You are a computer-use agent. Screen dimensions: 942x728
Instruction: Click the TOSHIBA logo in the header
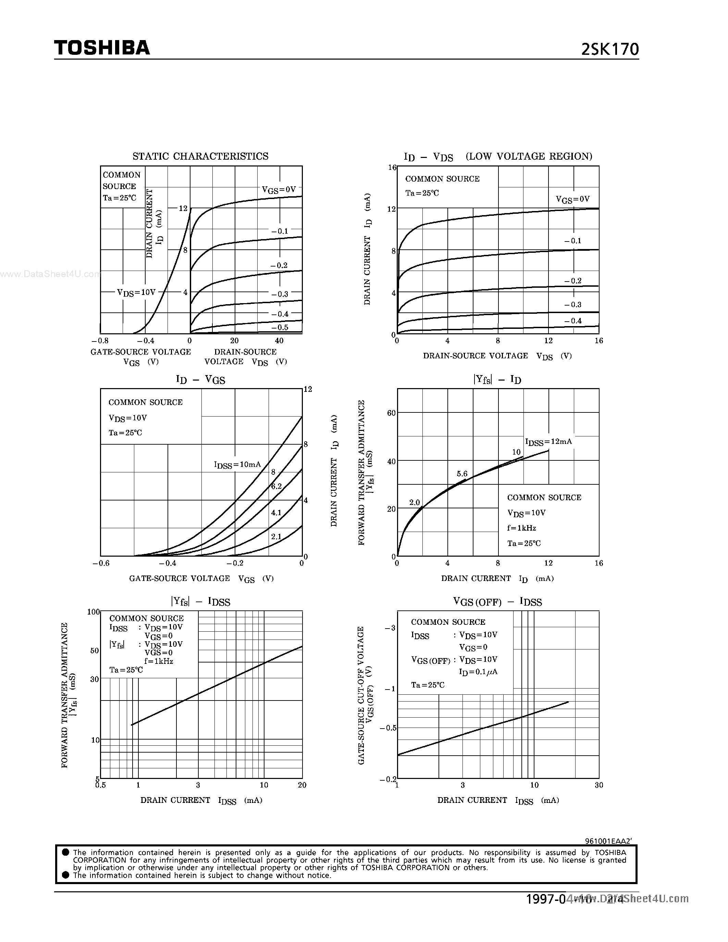pyautogui.click(x=102, y=48)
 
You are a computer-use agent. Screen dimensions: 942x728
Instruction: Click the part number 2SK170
pyautogui.click(x=610, y=50)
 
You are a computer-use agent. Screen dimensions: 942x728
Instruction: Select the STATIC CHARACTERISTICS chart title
pyautogui.click(x=200, y=156)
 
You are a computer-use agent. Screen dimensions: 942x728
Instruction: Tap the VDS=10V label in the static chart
pyautogui.click(x=136, y=293)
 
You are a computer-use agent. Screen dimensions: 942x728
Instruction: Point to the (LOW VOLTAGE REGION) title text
pyautogui.click(x=529, y=156)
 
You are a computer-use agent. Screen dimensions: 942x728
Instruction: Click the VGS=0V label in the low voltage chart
pyautogui.click(x=572, y=199)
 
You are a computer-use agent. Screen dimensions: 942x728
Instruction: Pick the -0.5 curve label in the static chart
pyautogui.click(x=280, y=327)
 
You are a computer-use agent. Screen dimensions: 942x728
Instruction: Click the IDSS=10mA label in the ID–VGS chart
pyautogui.click(x=237, y=464)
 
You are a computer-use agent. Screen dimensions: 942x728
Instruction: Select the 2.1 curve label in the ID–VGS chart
pyautogui.click(x=276, y=536)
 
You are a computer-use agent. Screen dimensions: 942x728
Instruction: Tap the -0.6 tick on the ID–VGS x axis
pyautogui.click(x=101, y=563)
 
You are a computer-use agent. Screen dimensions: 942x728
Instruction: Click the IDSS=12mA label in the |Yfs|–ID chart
pyautogui.click(x=548, y=442)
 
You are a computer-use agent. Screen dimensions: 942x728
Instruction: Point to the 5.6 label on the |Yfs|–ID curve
pyautogui.click(x=462, y=474)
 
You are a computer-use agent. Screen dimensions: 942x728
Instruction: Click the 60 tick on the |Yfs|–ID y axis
pyautogui.click(x=391, y=413)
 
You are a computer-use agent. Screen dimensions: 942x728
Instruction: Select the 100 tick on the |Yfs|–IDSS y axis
pyautogui.click(x=93, y=611)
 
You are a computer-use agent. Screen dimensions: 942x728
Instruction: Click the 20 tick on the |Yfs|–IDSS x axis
pyautogui.click(x=302, y=785)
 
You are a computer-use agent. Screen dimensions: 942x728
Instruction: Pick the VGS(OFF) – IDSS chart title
pyautogui.click(x=497, y=602)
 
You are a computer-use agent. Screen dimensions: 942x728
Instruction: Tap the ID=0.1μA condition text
pyautogui.click(x=478, y=672)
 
